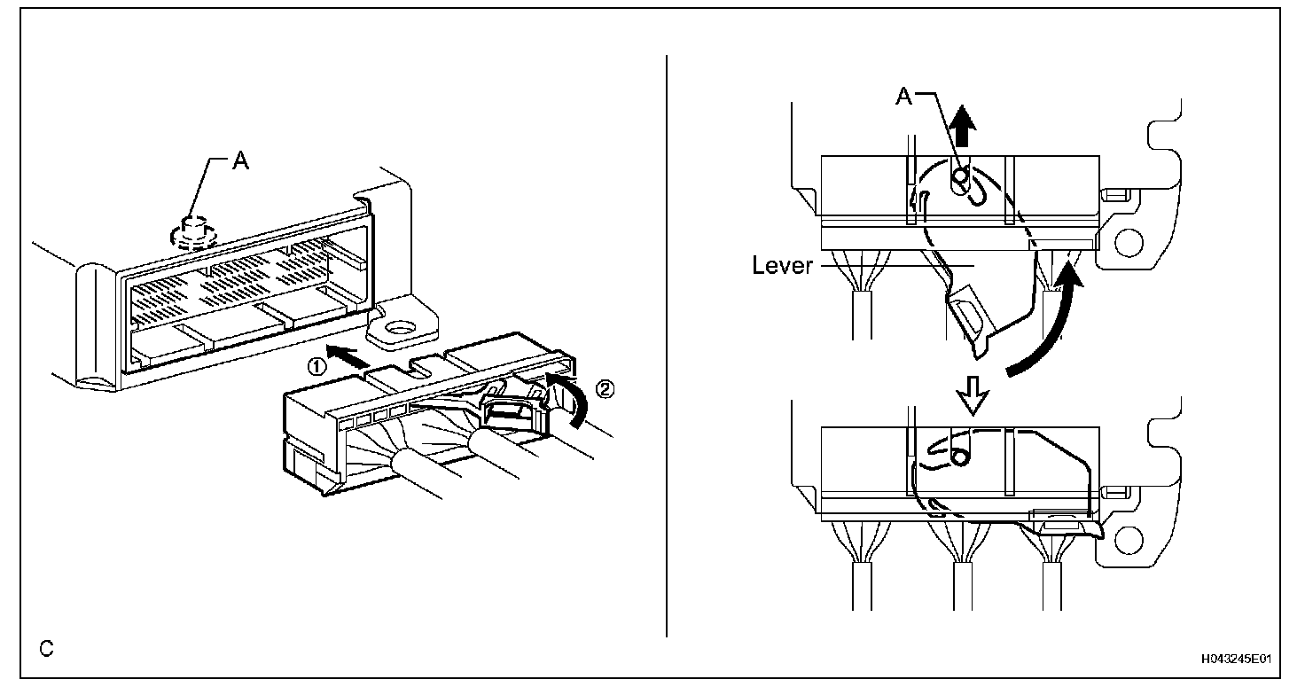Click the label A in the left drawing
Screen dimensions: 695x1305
point(238,161)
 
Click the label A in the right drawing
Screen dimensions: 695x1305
point(903,97)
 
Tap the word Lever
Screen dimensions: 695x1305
point(783,265)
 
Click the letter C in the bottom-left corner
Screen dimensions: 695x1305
point(47,649)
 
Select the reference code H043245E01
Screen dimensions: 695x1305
point(1237,660)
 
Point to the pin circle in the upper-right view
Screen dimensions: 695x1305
point(958,177)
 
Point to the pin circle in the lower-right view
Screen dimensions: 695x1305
point(957,457)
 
